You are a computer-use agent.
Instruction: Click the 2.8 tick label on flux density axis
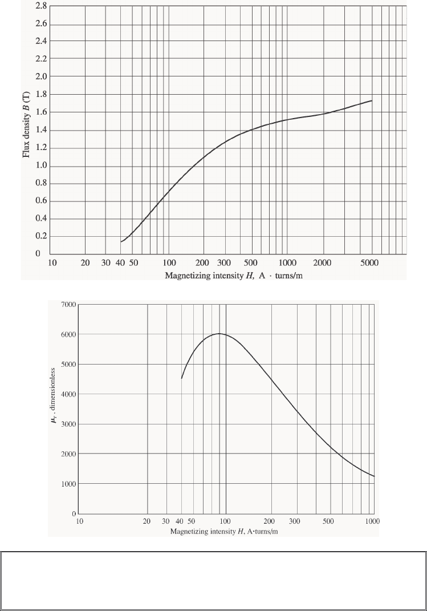40,7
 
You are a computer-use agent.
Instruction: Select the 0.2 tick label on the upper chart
40,237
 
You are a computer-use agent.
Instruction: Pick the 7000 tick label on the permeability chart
68,305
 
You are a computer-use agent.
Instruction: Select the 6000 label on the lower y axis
68,334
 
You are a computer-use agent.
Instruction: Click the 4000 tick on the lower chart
68,394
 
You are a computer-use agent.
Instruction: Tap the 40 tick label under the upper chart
120,263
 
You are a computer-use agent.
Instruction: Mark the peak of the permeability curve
219,334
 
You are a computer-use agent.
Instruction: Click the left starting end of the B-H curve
121,242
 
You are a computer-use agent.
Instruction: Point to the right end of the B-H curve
372,101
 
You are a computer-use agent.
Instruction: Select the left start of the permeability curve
182,378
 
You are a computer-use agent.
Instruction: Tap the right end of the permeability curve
375,476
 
